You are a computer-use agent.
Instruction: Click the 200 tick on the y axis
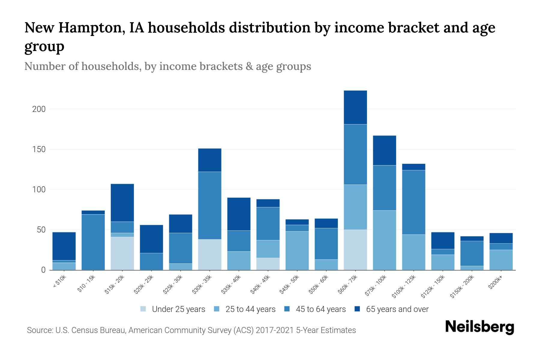pos(39,109)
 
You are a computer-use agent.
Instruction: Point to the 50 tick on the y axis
pos(41,230)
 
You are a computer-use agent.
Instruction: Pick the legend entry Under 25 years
pos(173,309)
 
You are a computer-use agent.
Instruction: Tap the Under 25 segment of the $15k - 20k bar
pos(122,253)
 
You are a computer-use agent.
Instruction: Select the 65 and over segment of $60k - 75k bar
pos(355,107)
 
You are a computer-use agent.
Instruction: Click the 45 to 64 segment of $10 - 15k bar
pos(93,242)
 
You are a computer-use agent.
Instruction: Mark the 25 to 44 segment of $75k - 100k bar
pos(384,240)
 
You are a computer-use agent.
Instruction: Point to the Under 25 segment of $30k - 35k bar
pos(210,255)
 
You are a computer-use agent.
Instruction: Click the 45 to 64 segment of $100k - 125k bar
pos(413,202)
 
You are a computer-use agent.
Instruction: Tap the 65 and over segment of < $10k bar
pos(64,246)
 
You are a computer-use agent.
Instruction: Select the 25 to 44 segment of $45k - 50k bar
pos(297,250)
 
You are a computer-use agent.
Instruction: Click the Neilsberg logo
pos(479,327)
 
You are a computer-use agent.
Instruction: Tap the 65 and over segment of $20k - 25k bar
pos(151,239)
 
